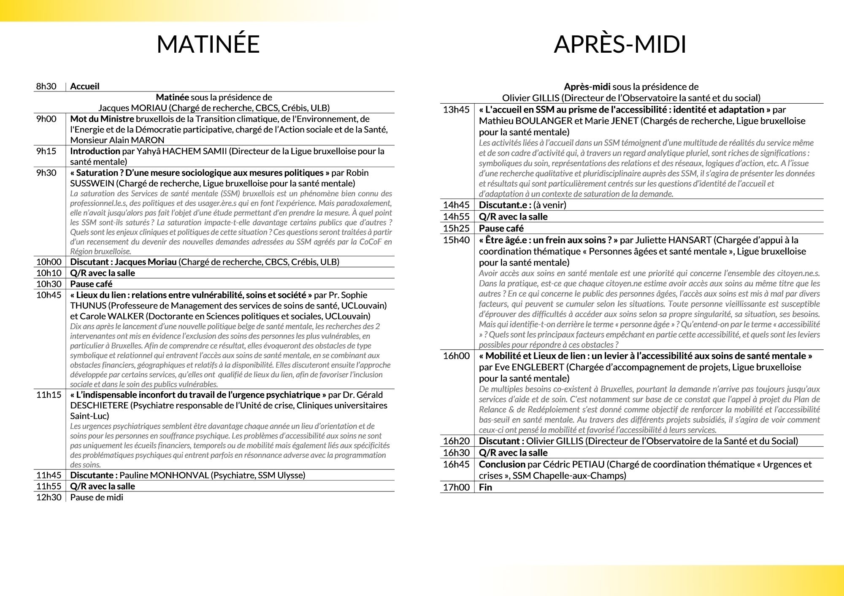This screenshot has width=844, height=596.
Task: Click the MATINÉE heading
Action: click(208, 44)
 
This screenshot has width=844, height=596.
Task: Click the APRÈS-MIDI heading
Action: click(620, 44)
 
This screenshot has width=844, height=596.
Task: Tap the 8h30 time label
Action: click(46, 86)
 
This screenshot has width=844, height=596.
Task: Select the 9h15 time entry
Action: click(46, 151)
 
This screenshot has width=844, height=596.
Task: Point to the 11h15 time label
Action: click(49, 395)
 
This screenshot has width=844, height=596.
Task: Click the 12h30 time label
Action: click(49, 497)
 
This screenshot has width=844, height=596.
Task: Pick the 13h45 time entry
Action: click(456, 110)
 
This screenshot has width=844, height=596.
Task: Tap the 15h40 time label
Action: click(456, 240)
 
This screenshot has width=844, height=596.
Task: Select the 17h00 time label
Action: click(456, 487)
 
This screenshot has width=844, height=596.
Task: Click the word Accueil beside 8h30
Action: click(85, 86)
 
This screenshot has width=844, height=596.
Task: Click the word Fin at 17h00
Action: click(485, 487)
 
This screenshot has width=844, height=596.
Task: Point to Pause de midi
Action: click(97, 497)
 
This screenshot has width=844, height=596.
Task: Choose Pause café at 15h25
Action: click(501, 228)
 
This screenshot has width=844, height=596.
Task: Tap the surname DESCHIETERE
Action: click(99, 405)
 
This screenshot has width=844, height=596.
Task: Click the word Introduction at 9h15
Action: click(95, 151)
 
